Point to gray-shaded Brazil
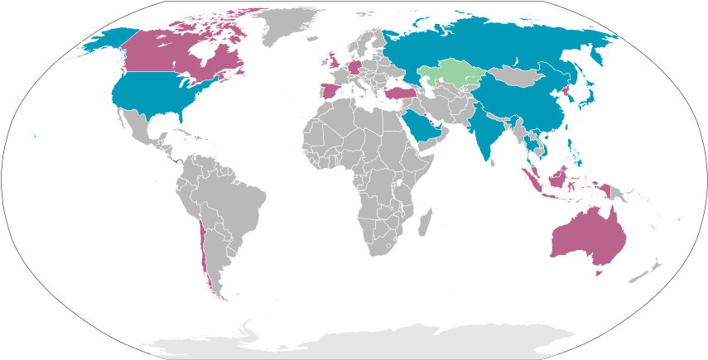[x=236, y=199]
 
